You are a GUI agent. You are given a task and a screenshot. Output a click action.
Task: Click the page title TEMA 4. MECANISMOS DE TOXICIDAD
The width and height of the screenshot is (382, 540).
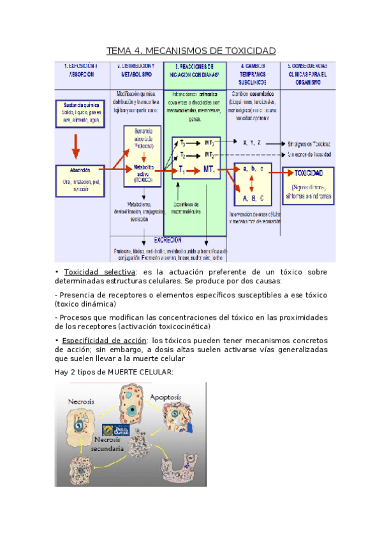point(191,50)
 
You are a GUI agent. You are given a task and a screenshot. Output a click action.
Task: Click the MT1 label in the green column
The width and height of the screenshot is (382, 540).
point(209,169)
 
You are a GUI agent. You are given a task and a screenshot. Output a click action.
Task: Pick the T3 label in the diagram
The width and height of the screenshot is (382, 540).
point(183,142)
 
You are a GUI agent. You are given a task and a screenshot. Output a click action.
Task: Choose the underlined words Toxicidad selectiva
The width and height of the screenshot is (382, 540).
point(99,273)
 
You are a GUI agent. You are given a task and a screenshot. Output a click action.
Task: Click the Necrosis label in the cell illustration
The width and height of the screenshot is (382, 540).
point(84,401)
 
